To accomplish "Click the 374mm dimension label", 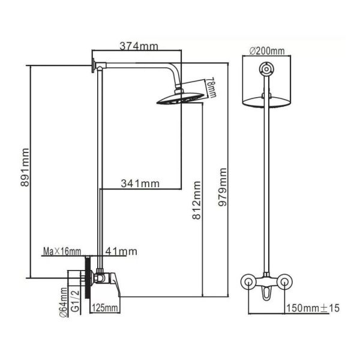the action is (139, 46).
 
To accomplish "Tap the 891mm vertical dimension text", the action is (25, 167).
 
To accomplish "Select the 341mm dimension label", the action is (140, 184).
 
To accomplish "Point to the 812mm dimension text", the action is (197, 200).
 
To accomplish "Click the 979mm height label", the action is (222, 187).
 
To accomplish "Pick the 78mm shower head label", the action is (211, 88).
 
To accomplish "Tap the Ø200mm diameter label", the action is (267, 51).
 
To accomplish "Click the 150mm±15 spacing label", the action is (313, 308).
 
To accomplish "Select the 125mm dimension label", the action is (105, 308).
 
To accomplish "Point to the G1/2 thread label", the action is (76, 301).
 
